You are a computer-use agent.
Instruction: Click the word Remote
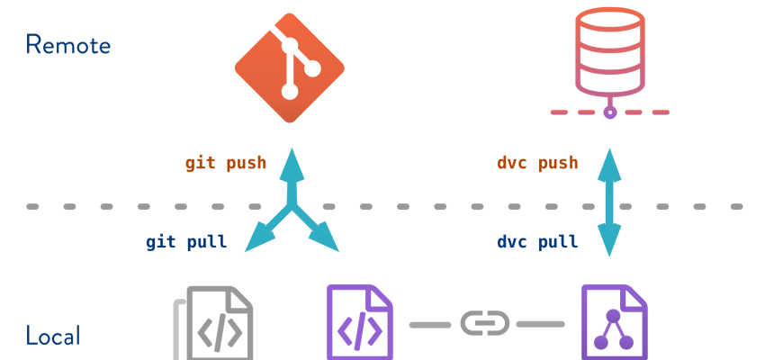click(67, 44)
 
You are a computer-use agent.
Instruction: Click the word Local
click(53, 337)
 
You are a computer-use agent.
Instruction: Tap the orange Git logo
click(290, 67)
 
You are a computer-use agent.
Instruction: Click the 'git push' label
click(226, 163)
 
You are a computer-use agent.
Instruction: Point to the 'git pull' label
click(186, 242)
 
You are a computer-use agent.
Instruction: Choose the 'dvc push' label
click(537, 163)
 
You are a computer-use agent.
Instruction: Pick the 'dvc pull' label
click(537, 242)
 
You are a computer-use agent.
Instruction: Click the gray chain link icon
click(485, 323)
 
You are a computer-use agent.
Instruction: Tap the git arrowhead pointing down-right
click(325, 238)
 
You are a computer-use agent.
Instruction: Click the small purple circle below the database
click(610, 112)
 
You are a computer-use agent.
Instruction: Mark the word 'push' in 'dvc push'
click(557, 163)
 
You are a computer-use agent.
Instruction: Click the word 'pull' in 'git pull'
click(206, 242)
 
